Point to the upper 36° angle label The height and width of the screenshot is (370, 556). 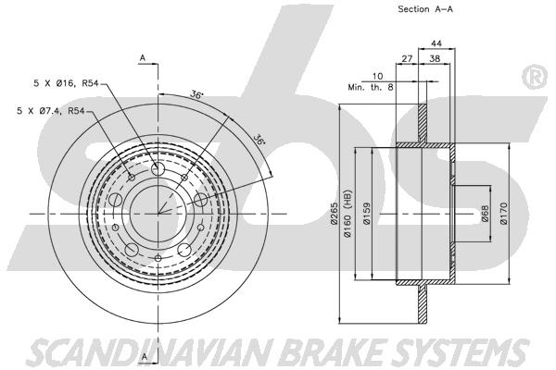pyautogui.click(x=196, y=93)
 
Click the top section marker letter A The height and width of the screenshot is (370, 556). pyautogui.click(x=143, y=58)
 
